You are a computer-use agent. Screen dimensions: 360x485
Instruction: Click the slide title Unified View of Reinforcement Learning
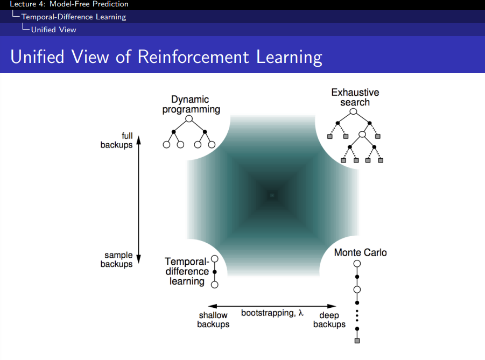166,57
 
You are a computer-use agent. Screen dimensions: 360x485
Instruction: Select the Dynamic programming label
191,104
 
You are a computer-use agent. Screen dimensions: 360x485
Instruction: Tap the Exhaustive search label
355,97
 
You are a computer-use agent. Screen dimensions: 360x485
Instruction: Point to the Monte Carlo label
360,252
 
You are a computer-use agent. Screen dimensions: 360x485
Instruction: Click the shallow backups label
213,320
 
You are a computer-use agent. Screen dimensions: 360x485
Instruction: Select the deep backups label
329,320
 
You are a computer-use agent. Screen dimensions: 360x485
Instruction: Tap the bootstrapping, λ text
272,313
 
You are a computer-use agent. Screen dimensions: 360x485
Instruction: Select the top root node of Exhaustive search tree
353,111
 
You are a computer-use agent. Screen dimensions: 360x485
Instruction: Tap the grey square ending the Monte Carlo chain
356,341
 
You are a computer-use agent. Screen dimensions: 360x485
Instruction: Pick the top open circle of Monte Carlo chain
356,264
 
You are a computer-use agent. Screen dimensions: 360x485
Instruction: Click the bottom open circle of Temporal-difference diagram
214,284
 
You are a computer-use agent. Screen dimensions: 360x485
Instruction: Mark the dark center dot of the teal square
272,195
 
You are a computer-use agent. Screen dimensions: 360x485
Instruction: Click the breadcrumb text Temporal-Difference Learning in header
74,17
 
